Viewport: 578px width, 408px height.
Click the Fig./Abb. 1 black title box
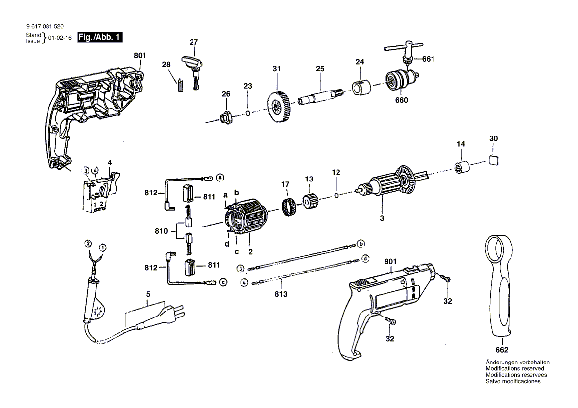click(x=99, y=37)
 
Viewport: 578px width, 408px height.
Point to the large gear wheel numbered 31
click(x=278, y=107)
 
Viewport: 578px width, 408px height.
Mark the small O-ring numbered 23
click(x=248, y=113)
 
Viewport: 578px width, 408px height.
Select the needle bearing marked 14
click(x=462, y=166)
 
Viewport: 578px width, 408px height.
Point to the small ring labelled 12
click(x=336, y=195)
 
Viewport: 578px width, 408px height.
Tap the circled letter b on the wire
click(x=361, y=243)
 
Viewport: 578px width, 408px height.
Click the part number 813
click(x=281, y=294)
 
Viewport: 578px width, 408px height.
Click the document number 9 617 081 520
click(x=45, y=26)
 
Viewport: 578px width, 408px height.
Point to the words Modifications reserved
click(x=515, y=368)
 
